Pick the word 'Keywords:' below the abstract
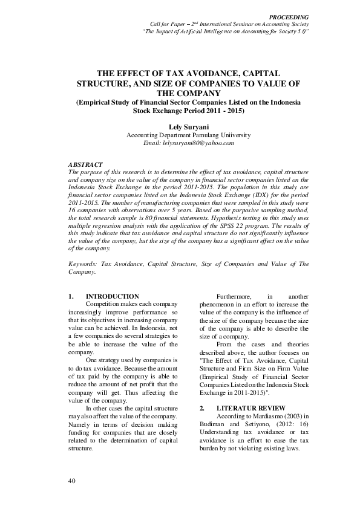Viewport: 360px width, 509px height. pos(83,264)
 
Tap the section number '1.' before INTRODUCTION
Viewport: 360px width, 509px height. pos(71,296)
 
